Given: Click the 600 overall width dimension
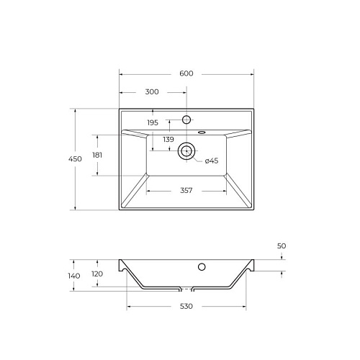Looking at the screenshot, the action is pos(186,73).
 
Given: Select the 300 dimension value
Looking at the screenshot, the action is pos(152,91).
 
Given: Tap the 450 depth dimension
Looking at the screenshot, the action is pos(75,159).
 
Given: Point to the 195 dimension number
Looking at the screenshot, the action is pos(153,122).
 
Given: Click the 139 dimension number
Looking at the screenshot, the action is pos(168,139).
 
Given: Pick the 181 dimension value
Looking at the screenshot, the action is pos(97,156).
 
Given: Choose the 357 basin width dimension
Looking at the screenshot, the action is pos(186,190).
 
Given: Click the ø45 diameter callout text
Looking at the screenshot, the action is pos(212,161).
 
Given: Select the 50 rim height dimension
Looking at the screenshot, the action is pos(282,246).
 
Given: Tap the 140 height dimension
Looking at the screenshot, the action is pos(74,276).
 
